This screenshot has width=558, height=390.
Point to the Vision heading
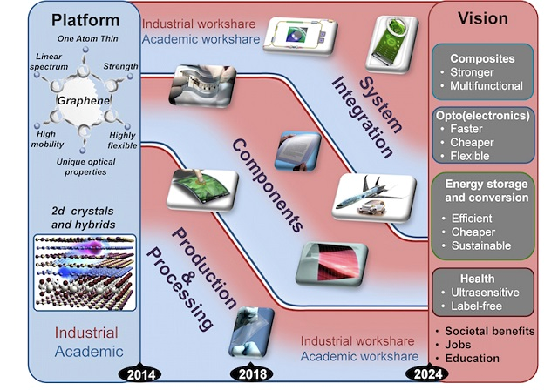pos(490,19)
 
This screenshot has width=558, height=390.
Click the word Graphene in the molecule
pos(80,101)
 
